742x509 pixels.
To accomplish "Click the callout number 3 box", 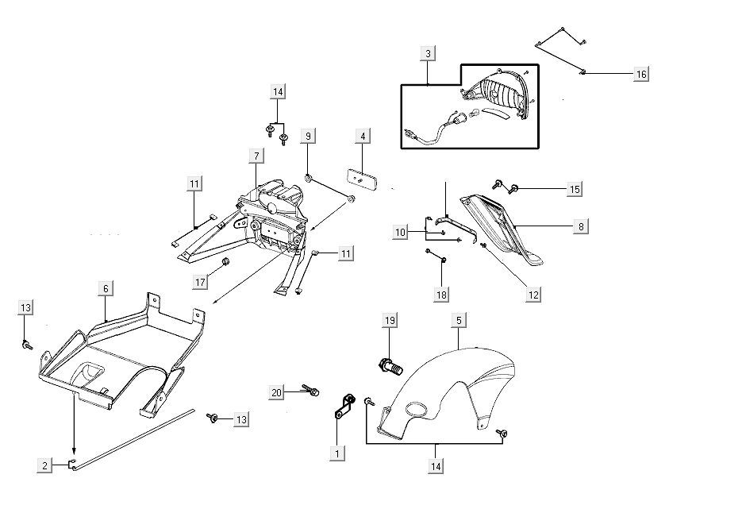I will tap(429, 54).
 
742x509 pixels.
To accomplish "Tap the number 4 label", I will tap(363, 137).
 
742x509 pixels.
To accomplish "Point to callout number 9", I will tap(309, 137).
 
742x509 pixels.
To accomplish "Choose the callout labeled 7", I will tap(257, 156).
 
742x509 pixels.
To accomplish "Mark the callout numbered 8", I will tap(581, 226).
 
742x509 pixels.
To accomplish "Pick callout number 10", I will tap(401, 232).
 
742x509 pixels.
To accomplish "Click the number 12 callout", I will tap(533, 295).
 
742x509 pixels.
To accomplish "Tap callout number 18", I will tap(441, 295).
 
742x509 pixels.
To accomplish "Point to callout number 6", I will tap(105, 289).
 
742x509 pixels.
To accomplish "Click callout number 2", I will tap(45, 466).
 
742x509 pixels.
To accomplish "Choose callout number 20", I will tap(276, 392).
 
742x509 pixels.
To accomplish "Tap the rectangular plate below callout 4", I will tap(362, 179).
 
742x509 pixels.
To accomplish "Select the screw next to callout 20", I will tap(311, 391).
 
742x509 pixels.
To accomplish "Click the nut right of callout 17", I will tap(225, 261).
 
